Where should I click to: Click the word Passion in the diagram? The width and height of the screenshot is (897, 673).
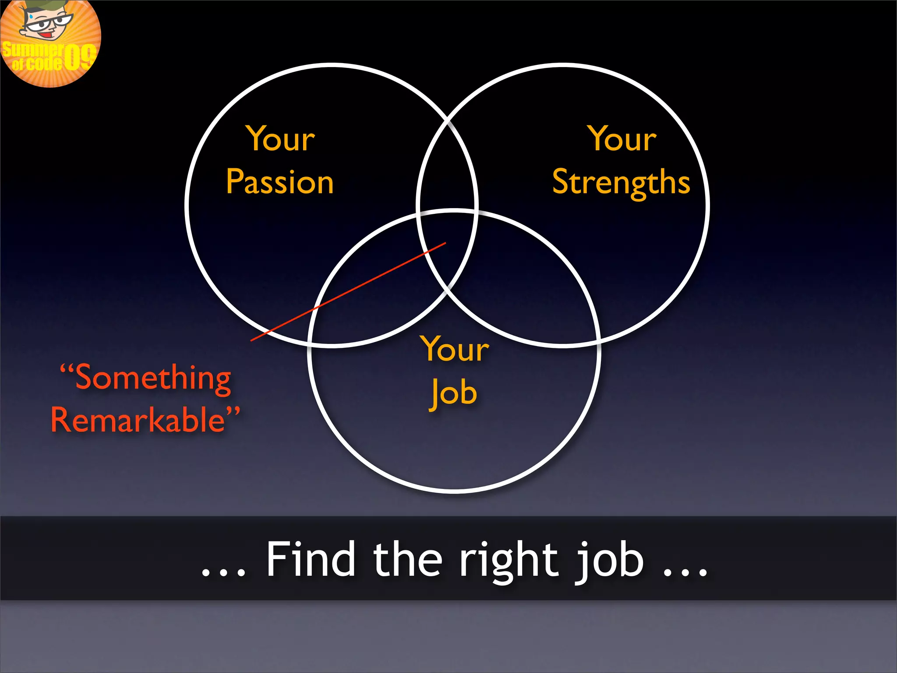point(280,182)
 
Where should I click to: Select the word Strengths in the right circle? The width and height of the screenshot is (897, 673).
point(621,182)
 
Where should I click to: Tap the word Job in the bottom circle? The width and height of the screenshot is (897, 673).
point(453,393)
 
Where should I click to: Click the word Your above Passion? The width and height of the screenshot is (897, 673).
point(281,139)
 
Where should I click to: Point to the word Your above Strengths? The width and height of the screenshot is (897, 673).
point(622,139)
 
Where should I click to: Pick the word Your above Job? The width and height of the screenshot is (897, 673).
point(455,349)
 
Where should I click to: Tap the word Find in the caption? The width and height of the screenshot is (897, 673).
point(311,559)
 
